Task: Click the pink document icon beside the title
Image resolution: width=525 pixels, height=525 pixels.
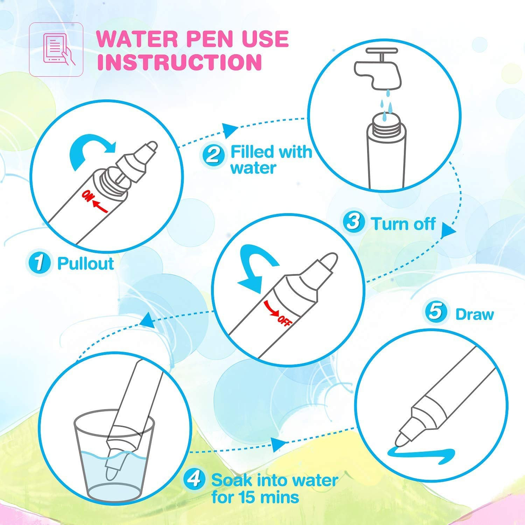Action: coord(56,49)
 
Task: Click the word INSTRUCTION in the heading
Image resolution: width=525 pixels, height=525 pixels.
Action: coord(179,62)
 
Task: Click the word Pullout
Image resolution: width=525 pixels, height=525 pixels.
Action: coord(85,263)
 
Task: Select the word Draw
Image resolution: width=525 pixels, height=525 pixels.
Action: coord(474,314)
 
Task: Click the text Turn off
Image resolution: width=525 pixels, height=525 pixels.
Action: coord(404,224)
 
